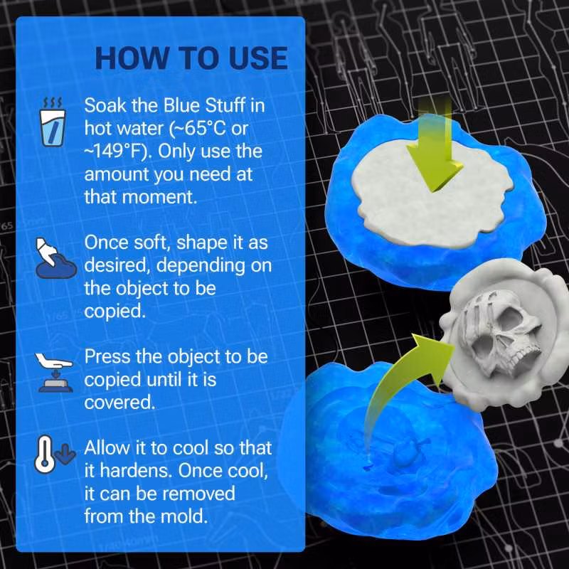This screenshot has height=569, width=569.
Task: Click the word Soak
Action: (x=105, y=107)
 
